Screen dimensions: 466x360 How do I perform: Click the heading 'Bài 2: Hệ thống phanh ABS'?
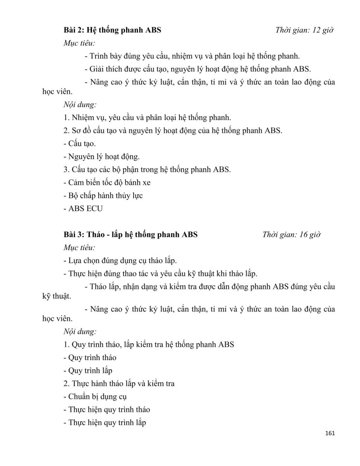(112, 30)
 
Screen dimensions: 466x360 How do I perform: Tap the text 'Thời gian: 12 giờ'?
(305, 30)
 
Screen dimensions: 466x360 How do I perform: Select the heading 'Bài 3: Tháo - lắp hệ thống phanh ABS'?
(130, 235)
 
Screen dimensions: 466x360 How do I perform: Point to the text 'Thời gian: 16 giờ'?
(291, 235)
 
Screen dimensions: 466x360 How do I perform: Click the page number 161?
(329, 433)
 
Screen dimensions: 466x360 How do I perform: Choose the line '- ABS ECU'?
(83, 209)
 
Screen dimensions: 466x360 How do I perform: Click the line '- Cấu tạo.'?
(79, 143)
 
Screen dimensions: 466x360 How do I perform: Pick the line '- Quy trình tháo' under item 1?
(90, 357)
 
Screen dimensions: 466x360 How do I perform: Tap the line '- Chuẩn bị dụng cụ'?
(95, 396)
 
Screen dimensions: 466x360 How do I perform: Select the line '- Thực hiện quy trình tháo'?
(106, 409)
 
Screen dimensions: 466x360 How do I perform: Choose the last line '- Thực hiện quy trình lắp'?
(104, 423)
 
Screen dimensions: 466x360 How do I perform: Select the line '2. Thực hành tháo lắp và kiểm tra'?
(119, 383)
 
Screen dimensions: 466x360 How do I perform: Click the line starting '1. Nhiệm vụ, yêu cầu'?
(147, 117)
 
